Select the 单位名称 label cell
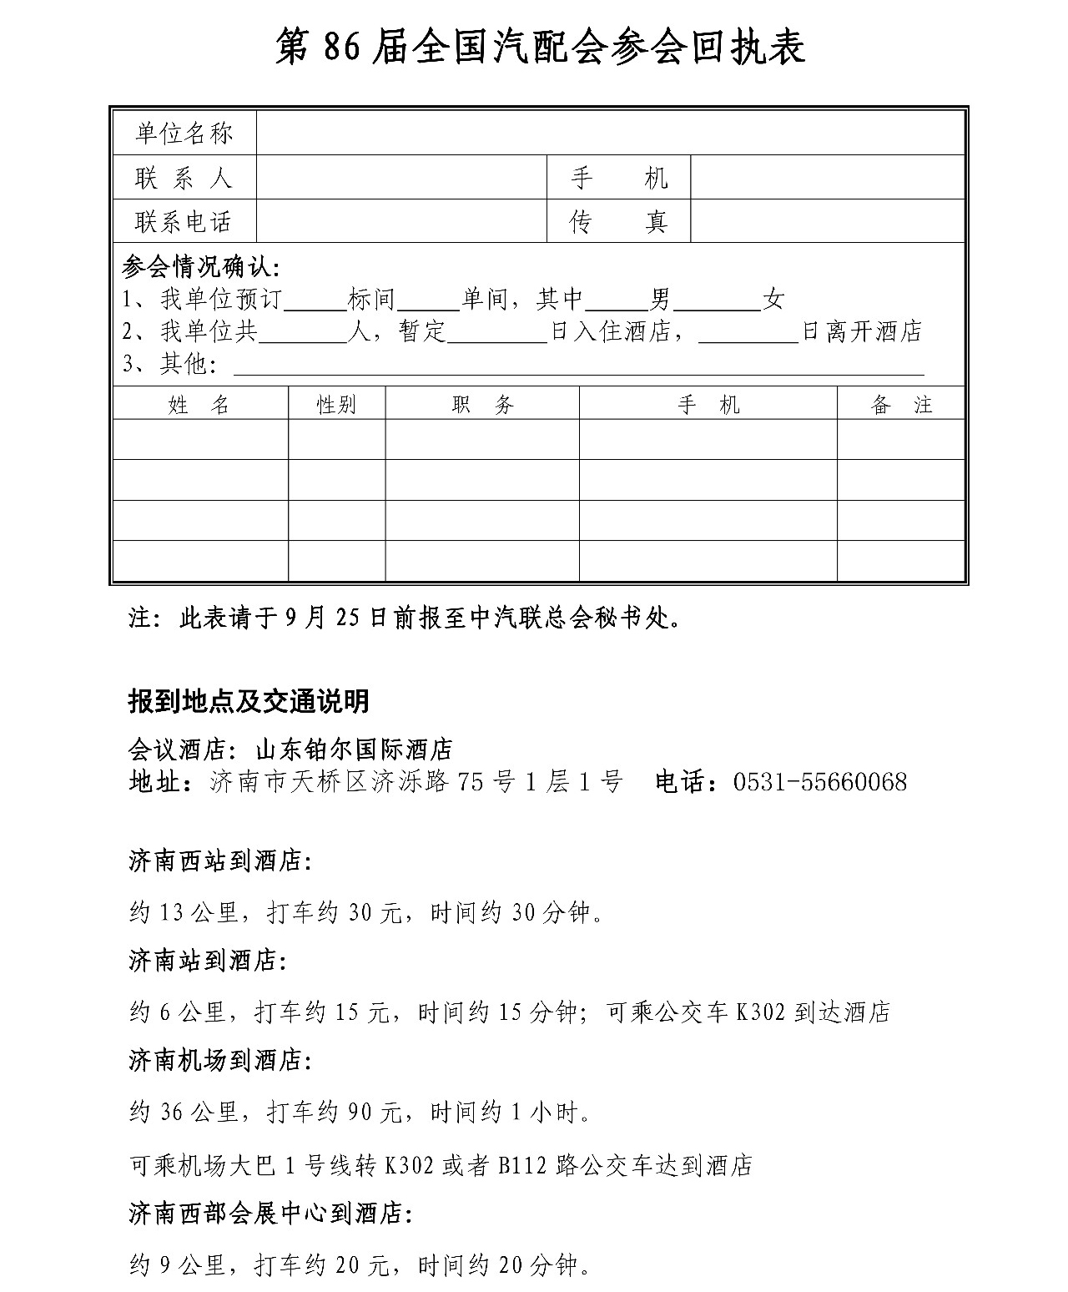click(x=184, y=134)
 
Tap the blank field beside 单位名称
click(x=610, y=134)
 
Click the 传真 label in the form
click(x=618, y=222)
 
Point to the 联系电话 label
click(x=184, y=222)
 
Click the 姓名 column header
click(x=199, y=406)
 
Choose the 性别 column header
click(x=336, y=406)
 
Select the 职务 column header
click(x=482, y=406)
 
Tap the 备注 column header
click(x=901, y=406)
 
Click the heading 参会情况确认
click(x=201, y=268)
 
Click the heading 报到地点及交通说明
click(x=249, y=702)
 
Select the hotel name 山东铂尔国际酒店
click(x=354, y=749)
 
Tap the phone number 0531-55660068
click(x=820, y=782)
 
